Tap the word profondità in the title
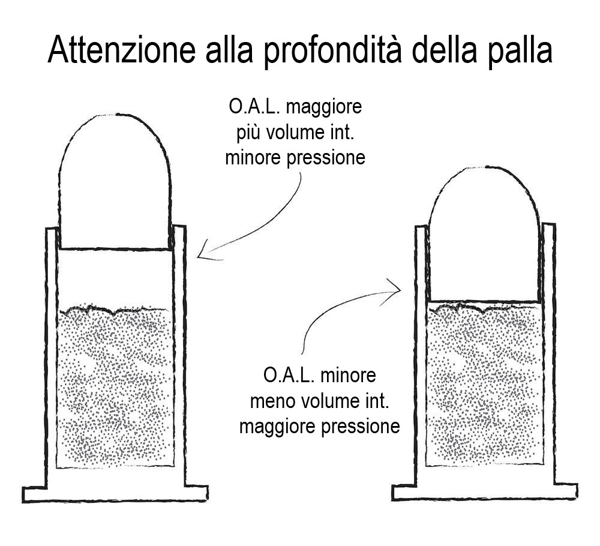pyautogui.click(x=332, y=50)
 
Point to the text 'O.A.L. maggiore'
pyautogui.click(x=295, y=106)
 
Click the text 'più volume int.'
pyautogui.click(x=295, y=133)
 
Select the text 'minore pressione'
pyautogui.click(x=295, y=158)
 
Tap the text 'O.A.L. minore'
pyautogui.click(x=320, y=376)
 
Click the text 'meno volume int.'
pyautogui.click(x=320, y=401)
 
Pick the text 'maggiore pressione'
pyautogui.click(x=320, y=426)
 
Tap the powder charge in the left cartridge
pyautogui.click(x=115, y=386)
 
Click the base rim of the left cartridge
pyautogui.click(x=115, y=494)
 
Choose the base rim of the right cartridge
pyautogui.click(x=485, y=491)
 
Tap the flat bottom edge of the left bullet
pyautogui.click(x=115, y=249)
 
